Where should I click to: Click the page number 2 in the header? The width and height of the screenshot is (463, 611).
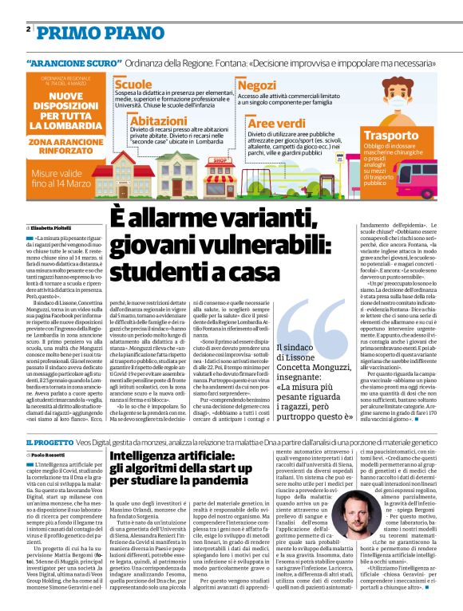[x=28, y=29]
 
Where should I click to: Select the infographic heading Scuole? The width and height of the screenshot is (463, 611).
[x=133, y=84]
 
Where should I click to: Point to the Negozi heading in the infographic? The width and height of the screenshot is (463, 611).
[x=257, y=85]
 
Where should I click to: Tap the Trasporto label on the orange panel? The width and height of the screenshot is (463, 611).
[x=412, y=136]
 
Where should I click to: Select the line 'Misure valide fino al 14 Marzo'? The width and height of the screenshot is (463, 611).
[x=64, y=179]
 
